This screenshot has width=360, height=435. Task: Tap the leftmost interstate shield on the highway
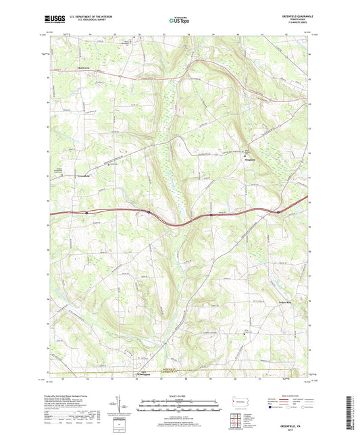coord(87,213)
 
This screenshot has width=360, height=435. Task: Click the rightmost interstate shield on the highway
coord(278,211)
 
